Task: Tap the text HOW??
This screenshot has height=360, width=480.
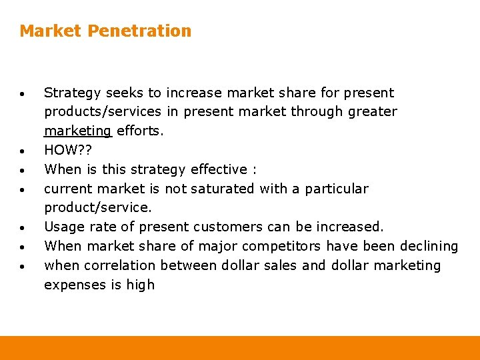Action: (x=66, y=150)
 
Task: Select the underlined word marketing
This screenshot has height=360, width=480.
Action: (x=78, y=131)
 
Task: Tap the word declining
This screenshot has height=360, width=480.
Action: (x=429, y=246)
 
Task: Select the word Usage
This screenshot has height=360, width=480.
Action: (x=62, y=227)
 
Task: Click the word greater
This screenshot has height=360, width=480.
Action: (x=373, y=111)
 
